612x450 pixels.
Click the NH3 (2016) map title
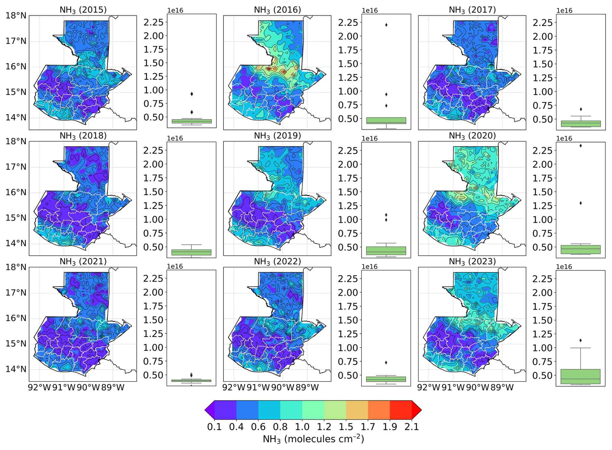[277, 10]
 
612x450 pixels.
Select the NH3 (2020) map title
[472, 136]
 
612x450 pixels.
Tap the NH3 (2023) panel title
[472, 262]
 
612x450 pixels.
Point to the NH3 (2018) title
[83, 136]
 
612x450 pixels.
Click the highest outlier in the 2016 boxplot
[386, 25]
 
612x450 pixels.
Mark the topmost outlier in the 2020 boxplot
[581, 146]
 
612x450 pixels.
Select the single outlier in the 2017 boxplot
[581, 109]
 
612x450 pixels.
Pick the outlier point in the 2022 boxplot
[386, 363]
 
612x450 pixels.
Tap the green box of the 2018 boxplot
[191, 253]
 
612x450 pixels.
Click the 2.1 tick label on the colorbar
[412, 427]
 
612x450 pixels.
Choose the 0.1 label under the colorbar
[214, 427]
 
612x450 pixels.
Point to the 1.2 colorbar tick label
[324, 427]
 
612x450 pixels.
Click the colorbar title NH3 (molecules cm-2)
[313, 439]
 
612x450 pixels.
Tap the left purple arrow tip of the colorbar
[205, 410]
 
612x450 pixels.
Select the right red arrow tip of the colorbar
[421, 410]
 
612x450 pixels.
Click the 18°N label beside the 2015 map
[16, 16]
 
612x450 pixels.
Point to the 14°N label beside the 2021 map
[16, 369]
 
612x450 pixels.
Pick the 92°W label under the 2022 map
[234, 388]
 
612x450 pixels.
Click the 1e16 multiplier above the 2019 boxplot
[370, 139]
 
